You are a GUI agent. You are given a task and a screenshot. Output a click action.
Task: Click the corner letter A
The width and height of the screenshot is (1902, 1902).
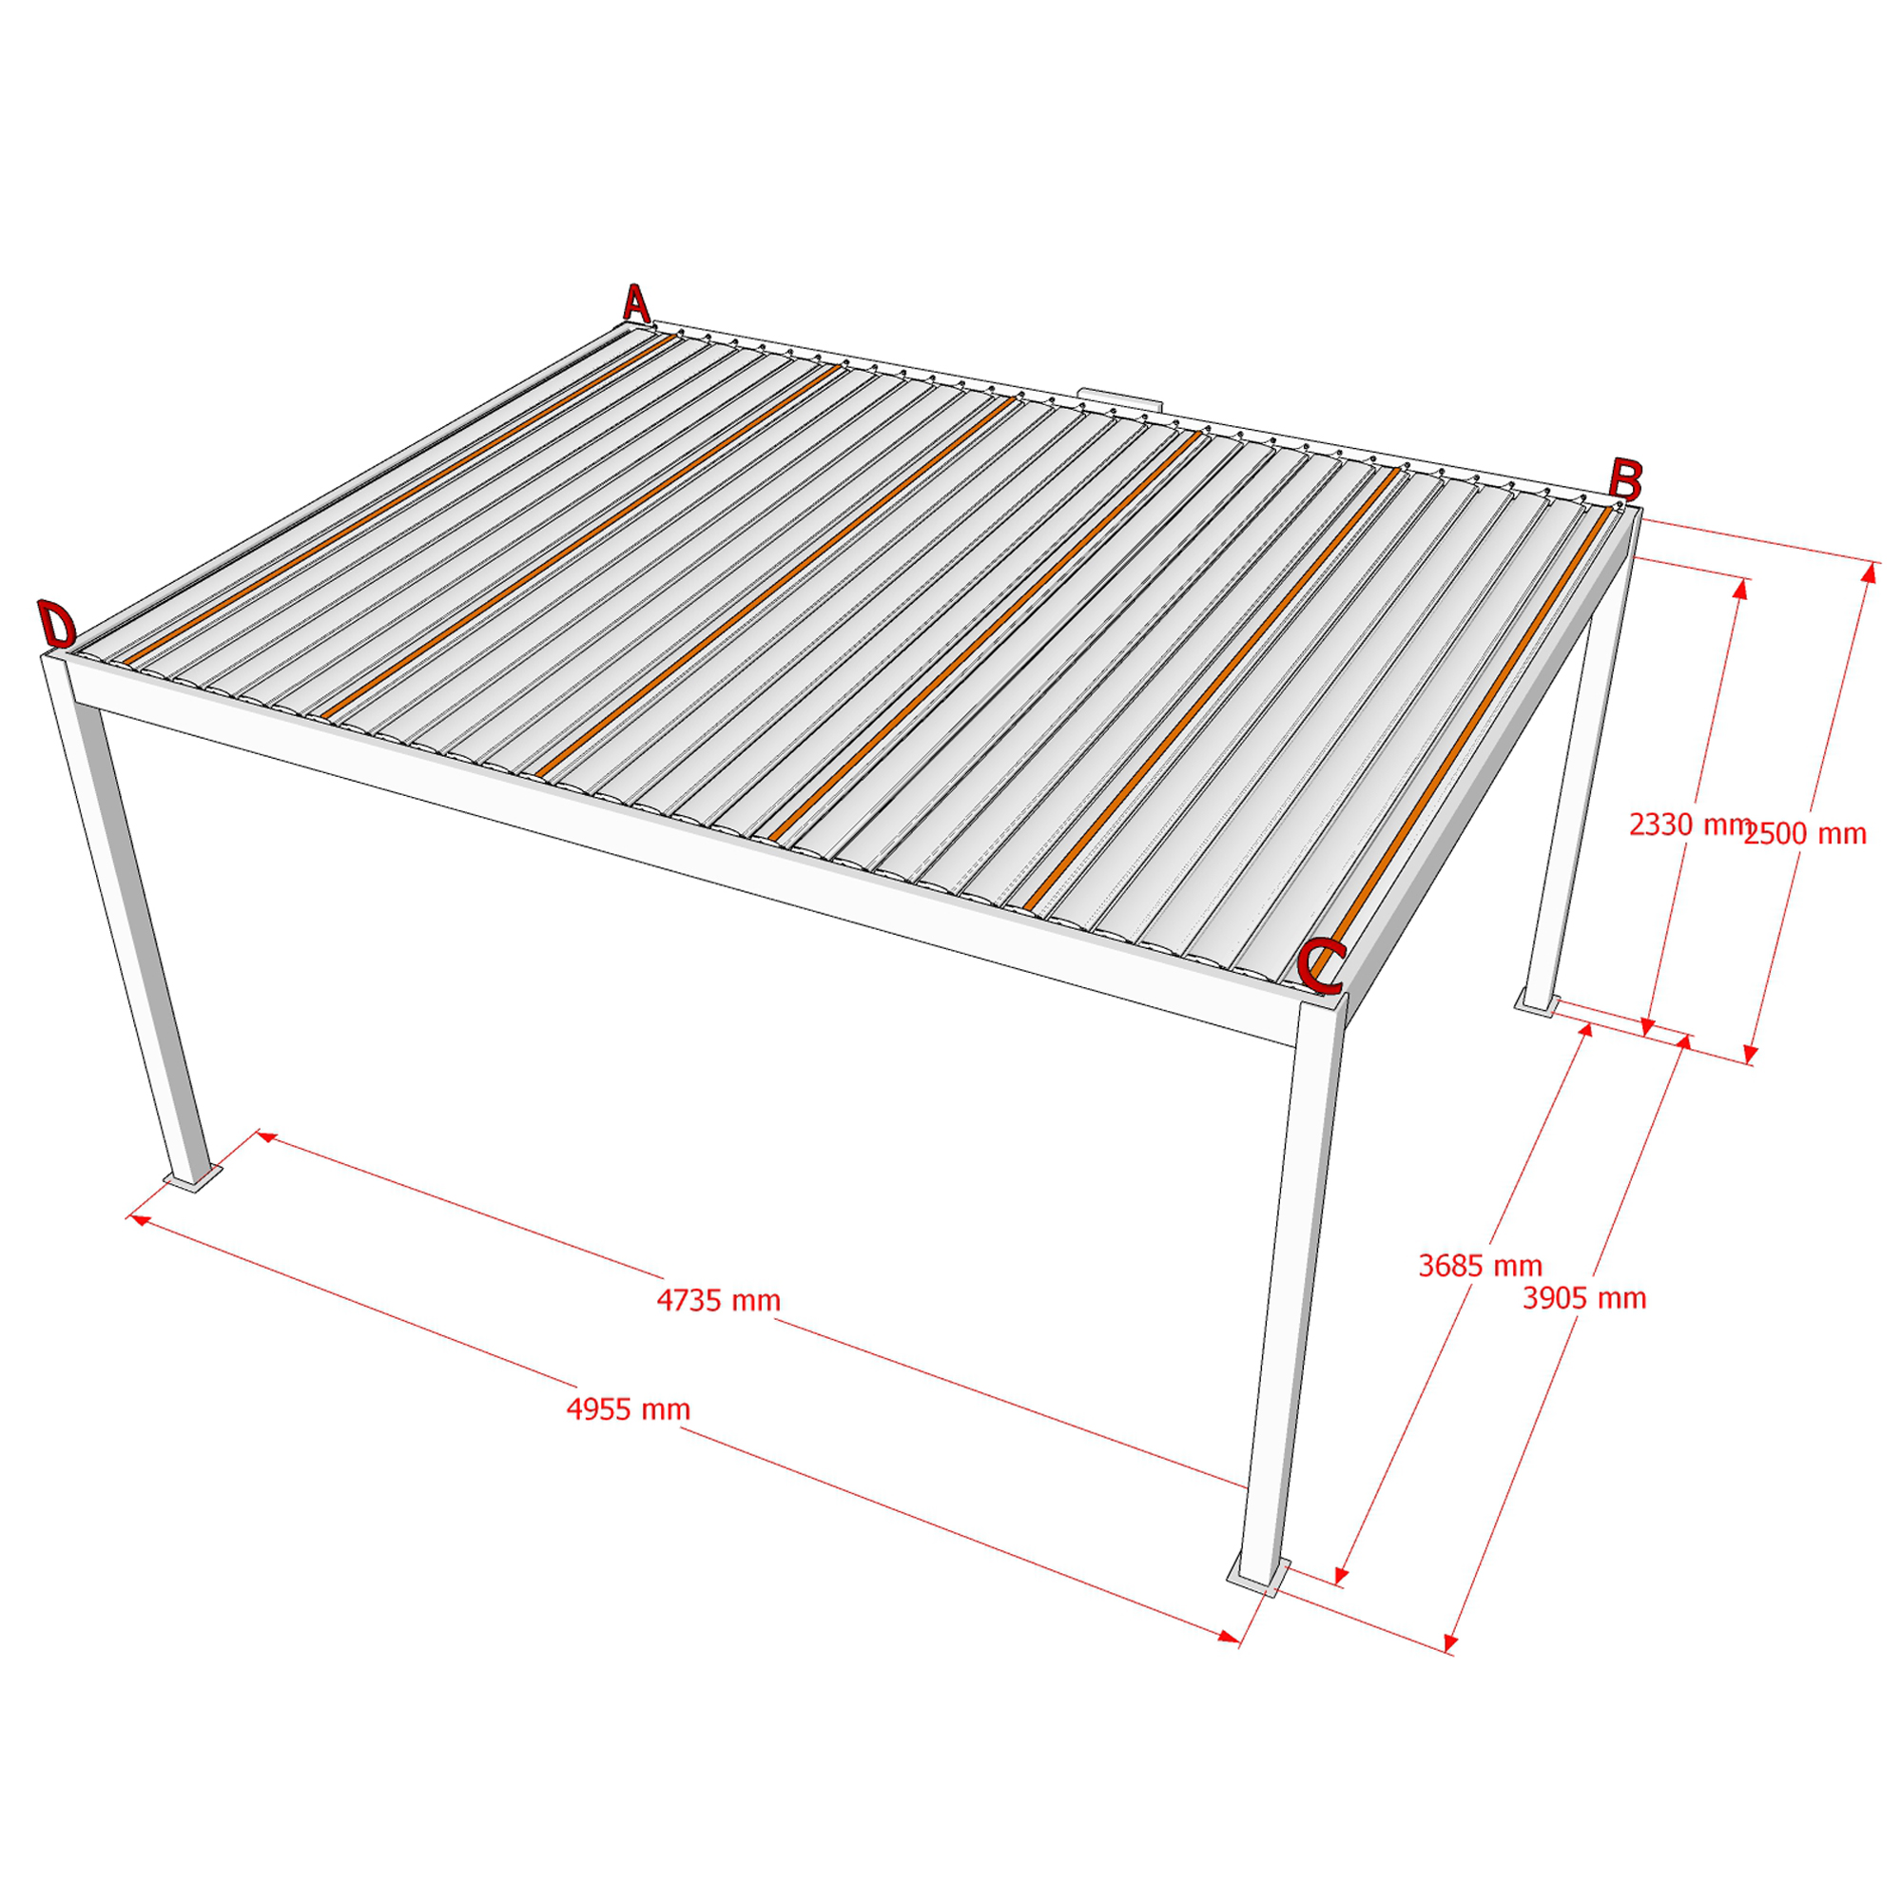[637, 303]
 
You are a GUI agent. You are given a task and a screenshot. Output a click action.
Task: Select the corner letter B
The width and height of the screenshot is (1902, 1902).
[1625, 479]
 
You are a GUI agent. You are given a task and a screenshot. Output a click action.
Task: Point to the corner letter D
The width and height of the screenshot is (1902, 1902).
[57, 624]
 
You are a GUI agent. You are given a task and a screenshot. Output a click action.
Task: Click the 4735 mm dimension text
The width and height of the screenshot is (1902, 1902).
[719, 1300]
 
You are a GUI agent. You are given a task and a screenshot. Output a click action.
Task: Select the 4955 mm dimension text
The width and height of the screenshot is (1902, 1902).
[628, 1408]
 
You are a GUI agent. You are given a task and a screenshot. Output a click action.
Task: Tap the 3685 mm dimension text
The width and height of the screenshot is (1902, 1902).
[1480, 1265]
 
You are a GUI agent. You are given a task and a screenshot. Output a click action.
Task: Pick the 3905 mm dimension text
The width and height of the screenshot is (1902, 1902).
[1584, 1297]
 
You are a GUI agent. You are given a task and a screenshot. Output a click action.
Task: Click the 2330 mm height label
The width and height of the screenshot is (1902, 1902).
[1689, 824]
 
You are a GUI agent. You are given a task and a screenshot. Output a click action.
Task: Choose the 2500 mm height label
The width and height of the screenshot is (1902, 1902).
[1805, 834]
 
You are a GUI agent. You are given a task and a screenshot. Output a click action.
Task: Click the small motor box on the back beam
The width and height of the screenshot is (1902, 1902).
[1121, 398]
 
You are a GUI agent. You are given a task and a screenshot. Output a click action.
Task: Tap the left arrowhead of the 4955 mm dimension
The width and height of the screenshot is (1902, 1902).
[139, 1220]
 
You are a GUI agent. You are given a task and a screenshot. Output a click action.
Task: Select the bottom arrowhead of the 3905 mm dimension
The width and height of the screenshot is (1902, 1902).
[1450, 1642]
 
